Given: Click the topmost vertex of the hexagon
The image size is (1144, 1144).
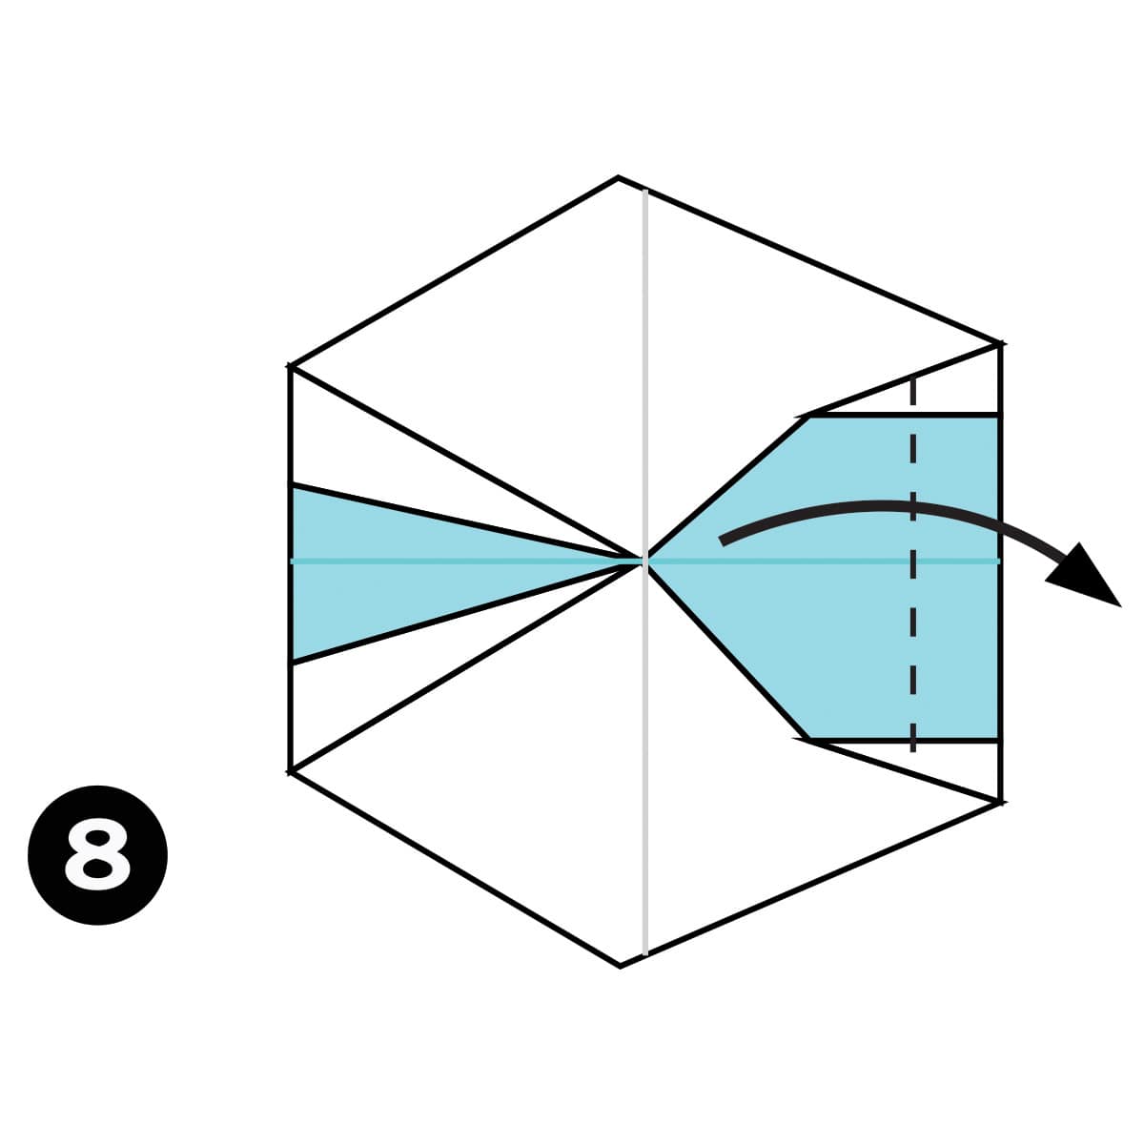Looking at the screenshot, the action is tap(618, 177).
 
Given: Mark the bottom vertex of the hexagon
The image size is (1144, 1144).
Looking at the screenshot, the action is tap(620, 966).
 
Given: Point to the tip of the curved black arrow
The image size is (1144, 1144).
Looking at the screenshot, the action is tap(1120, 606).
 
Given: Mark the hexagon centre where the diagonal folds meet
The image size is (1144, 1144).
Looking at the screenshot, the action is tap(644, 561).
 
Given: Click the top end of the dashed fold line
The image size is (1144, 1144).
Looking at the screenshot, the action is tap(913, 377).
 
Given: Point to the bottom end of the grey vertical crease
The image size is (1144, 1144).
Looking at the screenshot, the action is tap(645, 953).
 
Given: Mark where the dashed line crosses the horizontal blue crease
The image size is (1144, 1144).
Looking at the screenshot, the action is tap(913, 561).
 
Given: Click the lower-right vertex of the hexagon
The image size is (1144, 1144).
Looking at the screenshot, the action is tap(1001, 803).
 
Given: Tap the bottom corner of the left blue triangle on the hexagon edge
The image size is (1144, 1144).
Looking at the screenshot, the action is tap(291, 662).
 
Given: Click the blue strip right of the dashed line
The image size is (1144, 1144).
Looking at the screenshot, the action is tap(956, 579).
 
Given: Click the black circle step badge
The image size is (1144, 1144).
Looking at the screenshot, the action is tap(98, 855).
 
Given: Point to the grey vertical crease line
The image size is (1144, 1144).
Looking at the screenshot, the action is tap(645, 572).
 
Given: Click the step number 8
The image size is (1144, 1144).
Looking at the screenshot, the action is tap(97, 855).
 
